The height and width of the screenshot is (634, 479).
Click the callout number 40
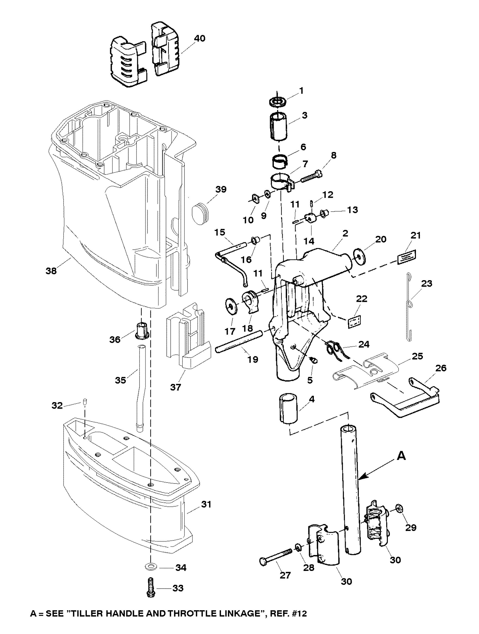200,38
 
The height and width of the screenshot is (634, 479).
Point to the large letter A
402,456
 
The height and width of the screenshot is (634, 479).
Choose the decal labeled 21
407,255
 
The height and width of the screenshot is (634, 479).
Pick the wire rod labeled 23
410,307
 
